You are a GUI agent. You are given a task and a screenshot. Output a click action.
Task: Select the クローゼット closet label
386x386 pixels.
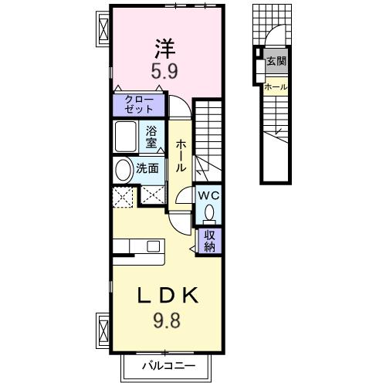tap(140, 105)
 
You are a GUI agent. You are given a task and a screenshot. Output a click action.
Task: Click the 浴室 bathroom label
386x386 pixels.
tap(152, 137)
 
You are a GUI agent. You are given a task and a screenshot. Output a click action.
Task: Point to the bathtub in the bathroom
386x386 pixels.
tap(127, 137)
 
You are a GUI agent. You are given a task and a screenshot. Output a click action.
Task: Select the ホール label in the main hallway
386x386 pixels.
tap(179, 155)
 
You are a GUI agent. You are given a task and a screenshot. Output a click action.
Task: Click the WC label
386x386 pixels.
tap(208, 195)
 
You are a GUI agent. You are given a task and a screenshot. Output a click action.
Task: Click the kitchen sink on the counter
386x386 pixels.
tap(153, 247)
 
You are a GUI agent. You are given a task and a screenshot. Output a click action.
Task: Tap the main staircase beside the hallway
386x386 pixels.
tap(208, 135)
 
